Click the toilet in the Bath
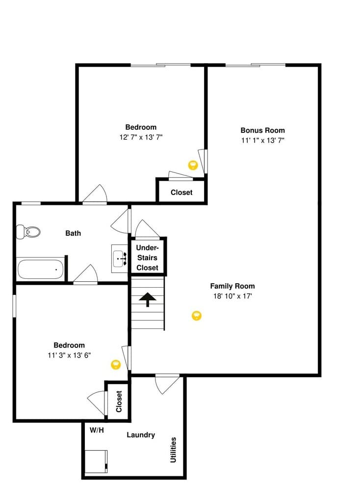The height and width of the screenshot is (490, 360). pos(28,232)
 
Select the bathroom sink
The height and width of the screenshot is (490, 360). pos(119,258)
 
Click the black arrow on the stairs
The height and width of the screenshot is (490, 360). pos(148,299)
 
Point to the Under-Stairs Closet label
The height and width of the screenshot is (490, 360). pos(147,258)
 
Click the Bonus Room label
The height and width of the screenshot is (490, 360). pos(262,130)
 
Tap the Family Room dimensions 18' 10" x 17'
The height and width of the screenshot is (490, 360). pos(232,296)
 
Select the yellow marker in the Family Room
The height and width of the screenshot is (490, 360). pos(196,315)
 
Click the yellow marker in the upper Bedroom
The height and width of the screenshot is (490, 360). pos(193,165)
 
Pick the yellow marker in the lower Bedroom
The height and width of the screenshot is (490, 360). pos(116,364)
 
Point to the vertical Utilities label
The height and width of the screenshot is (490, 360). pos(173,450)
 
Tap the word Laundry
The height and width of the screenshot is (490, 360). pos(141,435)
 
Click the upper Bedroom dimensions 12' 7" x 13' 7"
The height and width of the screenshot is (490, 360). pos(141,137)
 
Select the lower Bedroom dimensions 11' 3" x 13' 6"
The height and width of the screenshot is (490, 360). pos(69,355)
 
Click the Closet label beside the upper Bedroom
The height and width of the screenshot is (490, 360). pos(181,193)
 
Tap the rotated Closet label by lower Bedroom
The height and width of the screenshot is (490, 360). pos(119,401)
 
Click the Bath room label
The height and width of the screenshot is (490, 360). pos(73,233)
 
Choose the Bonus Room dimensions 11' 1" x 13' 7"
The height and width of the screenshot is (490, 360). pos(262,140)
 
